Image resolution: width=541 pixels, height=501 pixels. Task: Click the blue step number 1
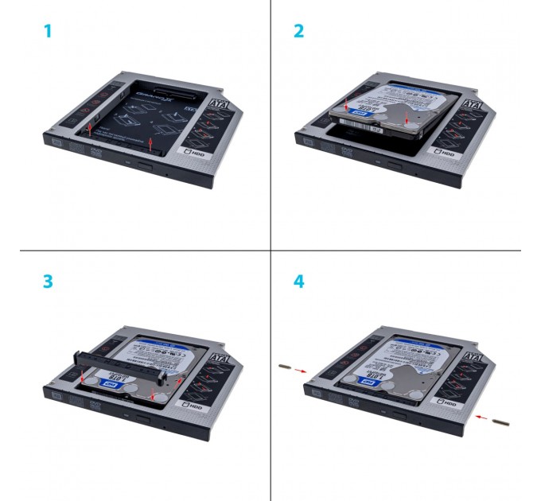[x=49, y=32]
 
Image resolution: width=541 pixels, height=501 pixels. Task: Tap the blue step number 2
[x=298, y=32]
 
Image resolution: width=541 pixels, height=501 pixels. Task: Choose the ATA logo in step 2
[x=472, y=103]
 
